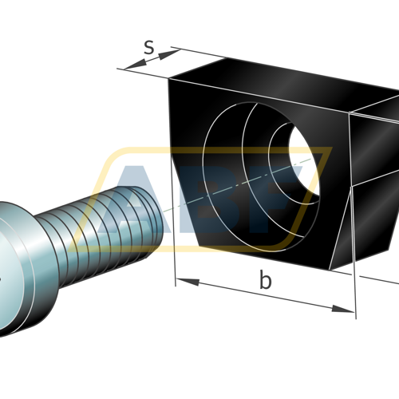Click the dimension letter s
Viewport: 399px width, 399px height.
[149, 48]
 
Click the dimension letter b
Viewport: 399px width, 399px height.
[266, 279]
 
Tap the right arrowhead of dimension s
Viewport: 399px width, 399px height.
[170, 53]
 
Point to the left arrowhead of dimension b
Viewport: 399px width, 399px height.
[188, 282]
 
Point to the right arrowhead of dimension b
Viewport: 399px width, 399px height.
[343, 309]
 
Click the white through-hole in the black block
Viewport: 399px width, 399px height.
[305, 160]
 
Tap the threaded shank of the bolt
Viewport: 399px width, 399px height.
[106, 234]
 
